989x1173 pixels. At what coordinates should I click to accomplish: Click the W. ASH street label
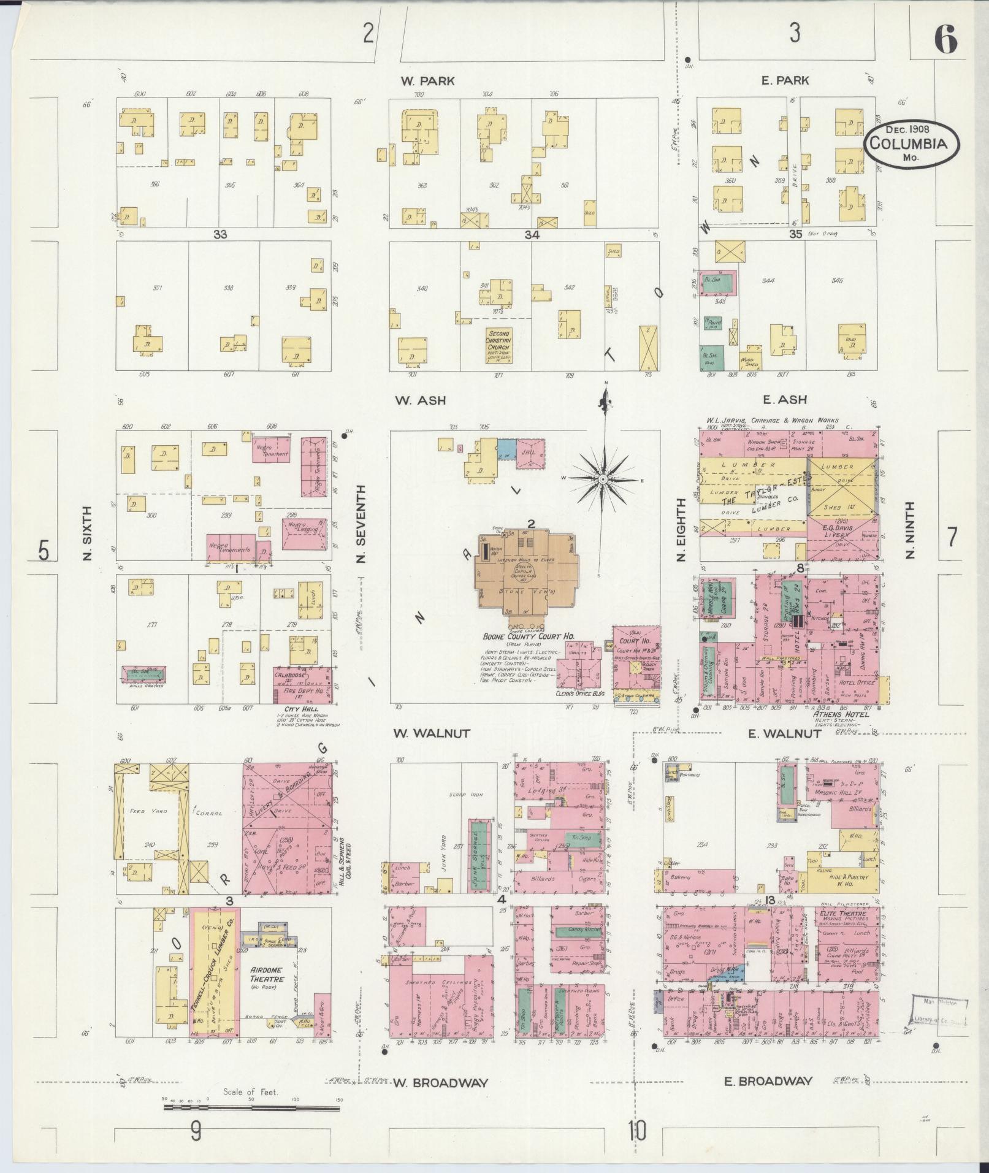420,400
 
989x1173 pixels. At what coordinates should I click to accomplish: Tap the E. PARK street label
785,80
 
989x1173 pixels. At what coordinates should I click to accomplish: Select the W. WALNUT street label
431,733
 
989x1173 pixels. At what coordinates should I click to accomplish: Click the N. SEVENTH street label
361,524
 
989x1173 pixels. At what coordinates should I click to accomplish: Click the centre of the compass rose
603,479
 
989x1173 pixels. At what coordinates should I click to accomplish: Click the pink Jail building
530,455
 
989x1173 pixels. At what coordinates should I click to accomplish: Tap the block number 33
220,234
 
